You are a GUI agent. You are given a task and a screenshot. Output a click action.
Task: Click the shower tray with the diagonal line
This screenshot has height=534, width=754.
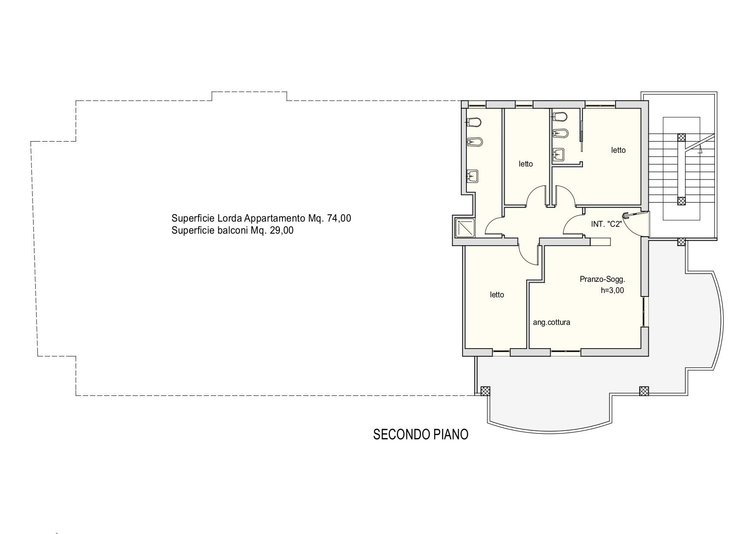click(x=464, y=227)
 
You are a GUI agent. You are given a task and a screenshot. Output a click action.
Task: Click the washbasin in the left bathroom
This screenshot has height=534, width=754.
click(x=472, y=176)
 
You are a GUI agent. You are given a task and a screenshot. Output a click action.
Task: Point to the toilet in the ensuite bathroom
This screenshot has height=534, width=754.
click(x=560, y=116)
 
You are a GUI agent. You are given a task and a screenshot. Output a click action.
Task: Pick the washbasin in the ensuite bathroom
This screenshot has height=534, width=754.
click(x=558, y=153)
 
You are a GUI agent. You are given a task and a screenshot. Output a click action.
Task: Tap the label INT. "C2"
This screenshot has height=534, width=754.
click(x=607, y=224)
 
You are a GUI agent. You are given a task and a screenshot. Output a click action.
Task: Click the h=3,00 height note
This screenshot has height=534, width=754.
click(x=612, y=290)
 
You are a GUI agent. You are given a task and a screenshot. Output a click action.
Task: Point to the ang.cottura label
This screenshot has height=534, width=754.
click(x=552, y=322)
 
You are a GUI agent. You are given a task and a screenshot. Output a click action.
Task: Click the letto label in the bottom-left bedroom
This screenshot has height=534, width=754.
click(x=497, y=295)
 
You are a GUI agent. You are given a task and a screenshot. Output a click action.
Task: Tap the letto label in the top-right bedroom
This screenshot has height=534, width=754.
click(x=619, y=150)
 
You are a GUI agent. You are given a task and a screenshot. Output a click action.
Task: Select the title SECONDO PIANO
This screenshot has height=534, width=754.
click(x=421, y=435)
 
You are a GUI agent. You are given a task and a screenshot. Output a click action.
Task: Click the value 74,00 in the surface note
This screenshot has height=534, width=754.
click(x=339, y=218)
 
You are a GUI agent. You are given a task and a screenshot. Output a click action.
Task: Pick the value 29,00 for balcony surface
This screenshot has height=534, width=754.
click(x=282, y=230)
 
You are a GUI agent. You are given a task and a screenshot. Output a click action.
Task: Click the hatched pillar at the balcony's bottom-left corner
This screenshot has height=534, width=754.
click(x=485, y=390)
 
